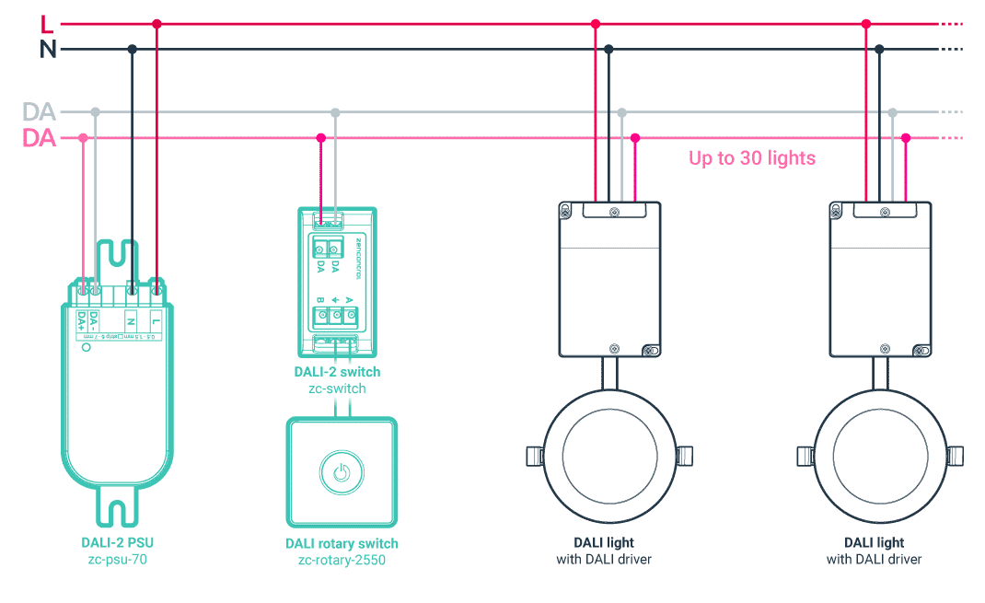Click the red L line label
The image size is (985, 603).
(47, 24)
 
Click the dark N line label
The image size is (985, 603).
(48, 50)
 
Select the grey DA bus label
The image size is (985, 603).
(40, 112)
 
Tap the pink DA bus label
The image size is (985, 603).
(40, 139)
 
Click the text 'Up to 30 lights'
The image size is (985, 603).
(752, 158)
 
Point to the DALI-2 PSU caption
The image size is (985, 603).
(117, 542)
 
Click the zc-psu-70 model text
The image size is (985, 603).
(117, 559)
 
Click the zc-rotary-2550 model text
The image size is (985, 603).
(342, 559)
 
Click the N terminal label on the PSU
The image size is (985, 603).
(132, 321)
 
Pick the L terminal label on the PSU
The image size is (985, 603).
(157, 321)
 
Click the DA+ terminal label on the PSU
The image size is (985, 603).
(82, 321)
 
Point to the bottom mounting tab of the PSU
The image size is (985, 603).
(117, 512)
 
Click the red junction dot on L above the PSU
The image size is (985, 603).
(156, 24)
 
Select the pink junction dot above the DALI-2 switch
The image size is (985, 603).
(320, 138)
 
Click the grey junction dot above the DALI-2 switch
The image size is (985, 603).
(335, 112)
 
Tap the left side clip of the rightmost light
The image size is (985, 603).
(802, 455)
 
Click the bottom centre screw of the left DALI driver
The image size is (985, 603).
(614, 348)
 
